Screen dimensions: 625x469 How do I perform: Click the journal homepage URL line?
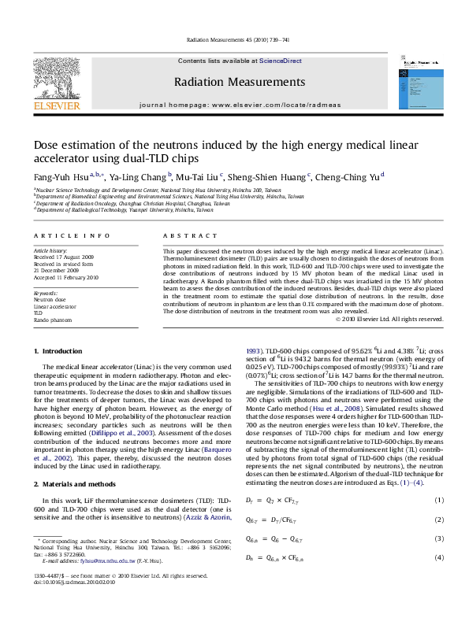(234, 104)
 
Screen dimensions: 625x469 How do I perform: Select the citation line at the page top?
(234, 39)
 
